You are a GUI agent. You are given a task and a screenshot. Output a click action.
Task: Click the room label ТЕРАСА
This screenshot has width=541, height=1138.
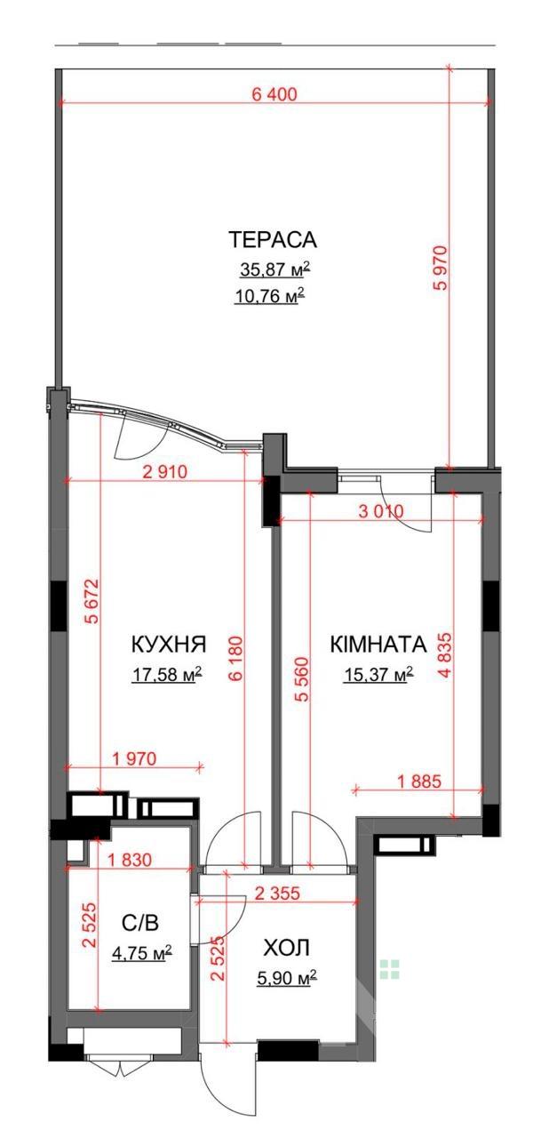tap(273, 239)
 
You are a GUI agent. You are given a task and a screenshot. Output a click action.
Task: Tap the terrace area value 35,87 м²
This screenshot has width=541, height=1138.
tap(272, 269)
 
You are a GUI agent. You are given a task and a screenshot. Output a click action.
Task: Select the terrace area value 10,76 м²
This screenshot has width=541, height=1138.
tap(269, 294)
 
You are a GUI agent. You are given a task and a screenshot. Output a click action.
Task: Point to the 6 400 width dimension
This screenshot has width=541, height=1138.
tap(274, 94)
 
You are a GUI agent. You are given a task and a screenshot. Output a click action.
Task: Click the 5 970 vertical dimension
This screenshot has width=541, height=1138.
tap(441, 268)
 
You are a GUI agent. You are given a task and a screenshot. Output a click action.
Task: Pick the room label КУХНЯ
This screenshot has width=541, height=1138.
tap(169, 645)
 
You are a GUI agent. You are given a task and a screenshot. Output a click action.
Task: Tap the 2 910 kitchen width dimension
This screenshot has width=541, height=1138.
tap(165, 472)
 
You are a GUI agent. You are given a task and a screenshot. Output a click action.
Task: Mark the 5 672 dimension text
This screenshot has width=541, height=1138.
tap(91, 602)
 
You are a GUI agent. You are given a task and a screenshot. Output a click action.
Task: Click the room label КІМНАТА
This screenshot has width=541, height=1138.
tap(378, 645)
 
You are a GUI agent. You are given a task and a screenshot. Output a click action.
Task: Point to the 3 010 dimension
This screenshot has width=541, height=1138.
tap(381, 511)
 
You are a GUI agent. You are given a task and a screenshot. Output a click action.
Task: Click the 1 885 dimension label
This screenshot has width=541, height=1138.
tap(419, 781)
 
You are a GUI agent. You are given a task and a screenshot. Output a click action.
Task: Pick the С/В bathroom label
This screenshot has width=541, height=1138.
tap(140, 922)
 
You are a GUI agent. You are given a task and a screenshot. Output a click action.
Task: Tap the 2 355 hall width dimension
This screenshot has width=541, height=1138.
tap(277, 893)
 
